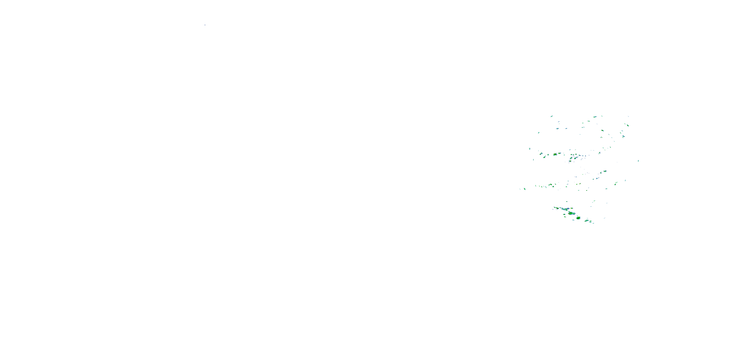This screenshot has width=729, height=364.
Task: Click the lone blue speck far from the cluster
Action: tap(205, 25)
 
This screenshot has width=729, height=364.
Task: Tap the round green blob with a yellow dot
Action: tap(578, 218)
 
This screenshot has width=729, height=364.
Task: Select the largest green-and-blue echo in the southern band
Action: tap(571, 213)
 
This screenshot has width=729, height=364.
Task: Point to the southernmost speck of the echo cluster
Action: tap(593, 223)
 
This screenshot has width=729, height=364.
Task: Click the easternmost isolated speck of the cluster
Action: tap(638, 161)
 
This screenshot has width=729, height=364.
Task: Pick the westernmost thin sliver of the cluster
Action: tap(520, 189)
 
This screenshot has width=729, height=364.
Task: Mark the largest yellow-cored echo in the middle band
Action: tap(555, 155)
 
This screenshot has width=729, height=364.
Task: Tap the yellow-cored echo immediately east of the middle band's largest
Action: tap(559, 153)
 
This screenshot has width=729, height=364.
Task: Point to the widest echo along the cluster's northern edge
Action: tap(595, 116)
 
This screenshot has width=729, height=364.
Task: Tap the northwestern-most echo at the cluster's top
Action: tap(552, 116)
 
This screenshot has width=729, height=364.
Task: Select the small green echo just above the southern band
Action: tap(567, 202)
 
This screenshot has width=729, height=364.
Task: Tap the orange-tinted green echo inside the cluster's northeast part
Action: tap(602, 131)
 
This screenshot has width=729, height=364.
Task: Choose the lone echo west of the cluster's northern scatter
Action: tap(538, 132)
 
